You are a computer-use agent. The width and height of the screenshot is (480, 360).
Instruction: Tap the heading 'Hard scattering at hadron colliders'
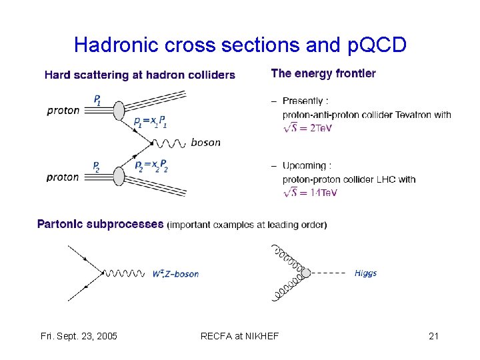(x=139, y=75)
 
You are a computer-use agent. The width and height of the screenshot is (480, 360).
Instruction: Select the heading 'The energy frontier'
(x=323, y=73)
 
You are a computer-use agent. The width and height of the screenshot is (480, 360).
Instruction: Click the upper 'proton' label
(x=63, y=110)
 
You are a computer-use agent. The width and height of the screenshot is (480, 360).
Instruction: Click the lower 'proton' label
(x=63, y=177)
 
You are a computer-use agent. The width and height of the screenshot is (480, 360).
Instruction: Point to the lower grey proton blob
(x=119, y=175)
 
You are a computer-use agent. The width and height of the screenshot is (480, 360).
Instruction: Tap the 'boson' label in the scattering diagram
(x=205, y=142)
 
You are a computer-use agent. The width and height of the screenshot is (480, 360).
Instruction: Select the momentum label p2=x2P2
(x=151, y=165)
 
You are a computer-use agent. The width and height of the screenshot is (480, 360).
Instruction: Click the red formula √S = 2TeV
(x=307, y=127)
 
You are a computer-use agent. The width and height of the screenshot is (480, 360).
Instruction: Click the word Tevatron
(x=410, y=115)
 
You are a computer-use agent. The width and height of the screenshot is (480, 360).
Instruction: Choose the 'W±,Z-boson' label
(x=175, y=273)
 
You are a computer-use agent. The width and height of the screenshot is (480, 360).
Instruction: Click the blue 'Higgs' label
(x=365, y=273)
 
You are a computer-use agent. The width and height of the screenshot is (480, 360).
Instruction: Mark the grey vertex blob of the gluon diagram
(x=306, y=273)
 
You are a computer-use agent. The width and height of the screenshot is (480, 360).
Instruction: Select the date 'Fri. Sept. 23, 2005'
(x=79, y=336)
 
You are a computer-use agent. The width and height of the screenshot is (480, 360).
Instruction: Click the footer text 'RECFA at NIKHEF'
(x=239, y=336)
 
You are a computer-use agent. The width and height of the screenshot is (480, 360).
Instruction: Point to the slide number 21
(x=433, y=336)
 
